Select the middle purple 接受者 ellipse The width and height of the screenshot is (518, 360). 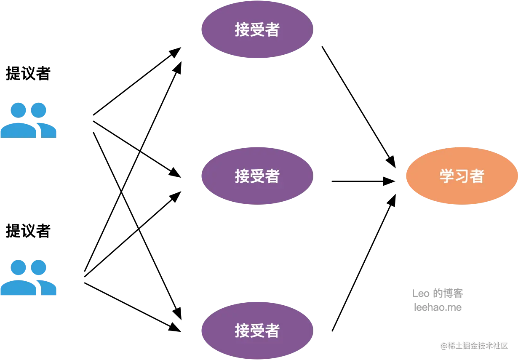(x=257, y=176)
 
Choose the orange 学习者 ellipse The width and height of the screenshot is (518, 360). (x=462, y=176)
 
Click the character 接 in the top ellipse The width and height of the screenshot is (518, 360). (x=242, y=30)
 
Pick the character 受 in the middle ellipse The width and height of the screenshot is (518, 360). (x=257, y=176)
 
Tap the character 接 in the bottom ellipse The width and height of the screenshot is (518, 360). (x=242, y=331)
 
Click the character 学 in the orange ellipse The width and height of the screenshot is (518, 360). (x=447, y=176)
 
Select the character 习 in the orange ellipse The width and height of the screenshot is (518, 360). (x=462, y=176)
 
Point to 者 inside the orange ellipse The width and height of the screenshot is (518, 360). (x=476, y=176)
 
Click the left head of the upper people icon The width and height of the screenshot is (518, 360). (x=19, y=110)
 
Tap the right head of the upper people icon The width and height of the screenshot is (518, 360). (x=39, y=110)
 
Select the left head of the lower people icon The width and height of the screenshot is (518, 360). (x=19, y=268)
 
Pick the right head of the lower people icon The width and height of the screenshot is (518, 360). (x=39, y=268)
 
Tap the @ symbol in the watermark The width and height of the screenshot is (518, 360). (x=443, y=346)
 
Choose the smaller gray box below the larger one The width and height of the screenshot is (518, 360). (x=438, y=308)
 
